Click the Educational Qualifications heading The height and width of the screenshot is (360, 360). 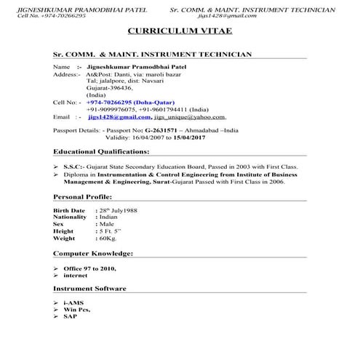pyautogui.click(x=102, y=151)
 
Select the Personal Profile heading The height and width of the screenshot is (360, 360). pyautogui.click(x=83, y=197)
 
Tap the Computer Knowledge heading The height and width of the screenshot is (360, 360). pyautogui.click(x=92, y=253)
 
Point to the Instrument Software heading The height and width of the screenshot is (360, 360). pyautogui.click(x=90, y=289)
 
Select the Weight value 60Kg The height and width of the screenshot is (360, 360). pyautogui.click(x=109, y=238)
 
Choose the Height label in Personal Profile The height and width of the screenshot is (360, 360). pyautogui.click(x=65, y=231)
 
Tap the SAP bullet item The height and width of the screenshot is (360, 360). pyautogui.click(x=71, y=316)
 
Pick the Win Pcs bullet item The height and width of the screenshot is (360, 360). pyautogui.click(x=77, y=309)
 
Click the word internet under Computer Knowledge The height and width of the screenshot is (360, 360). pyautogui.click(x=75, y=275)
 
